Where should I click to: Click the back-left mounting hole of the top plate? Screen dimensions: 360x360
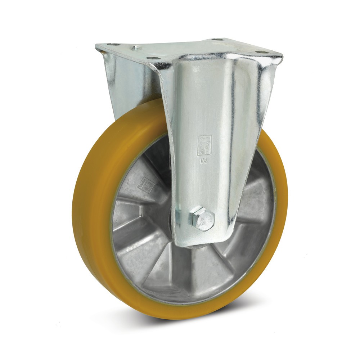pos(114,45)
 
